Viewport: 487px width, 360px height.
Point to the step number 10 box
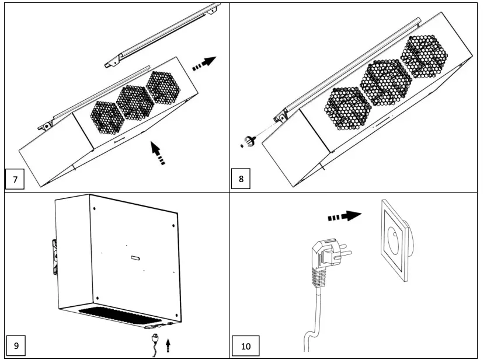click(x=246, y=345)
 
